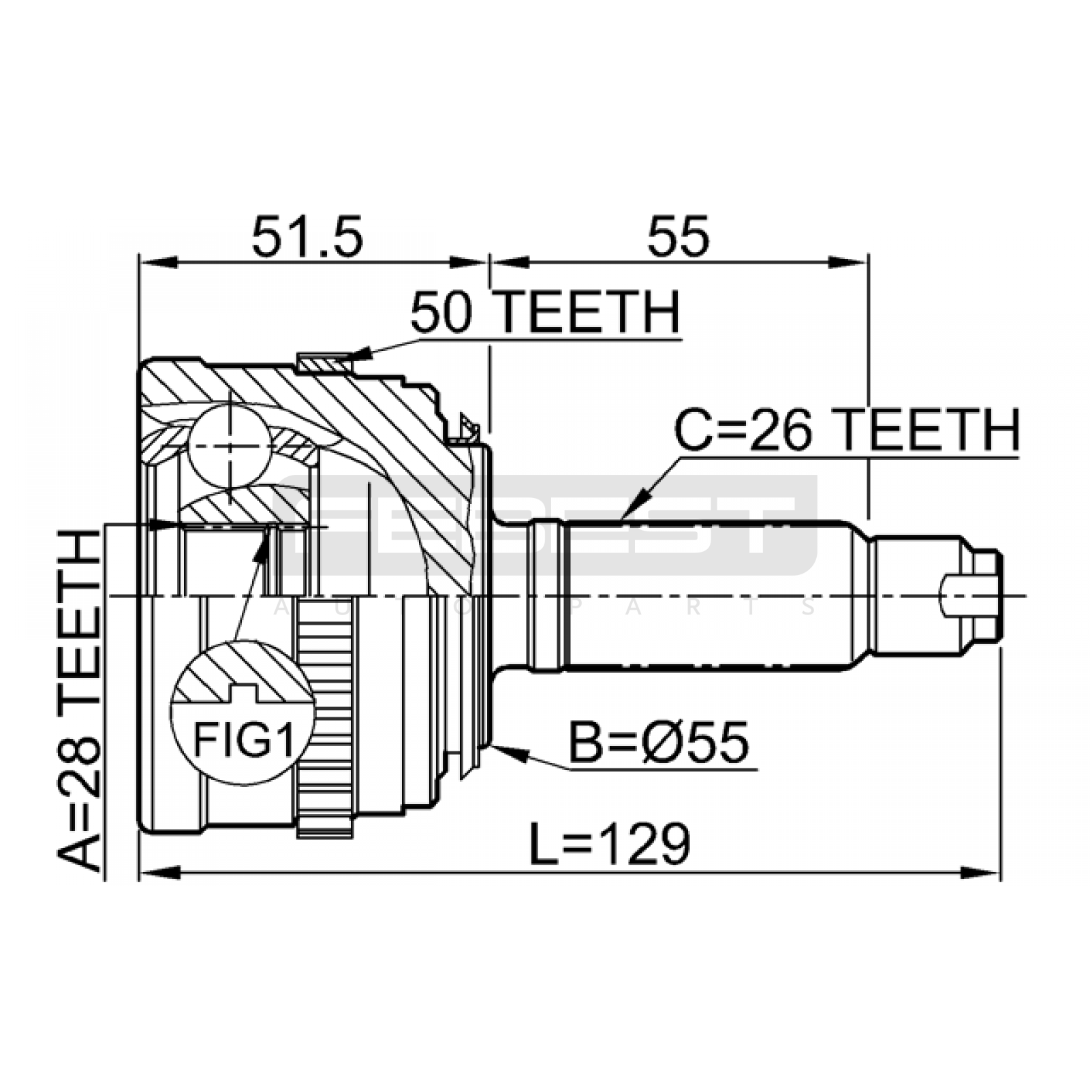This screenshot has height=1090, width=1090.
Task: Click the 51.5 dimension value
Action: pos(307,237)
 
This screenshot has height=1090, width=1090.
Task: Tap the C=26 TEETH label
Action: pos(847,431)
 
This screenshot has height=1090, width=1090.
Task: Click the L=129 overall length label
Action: pos(610,844)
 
